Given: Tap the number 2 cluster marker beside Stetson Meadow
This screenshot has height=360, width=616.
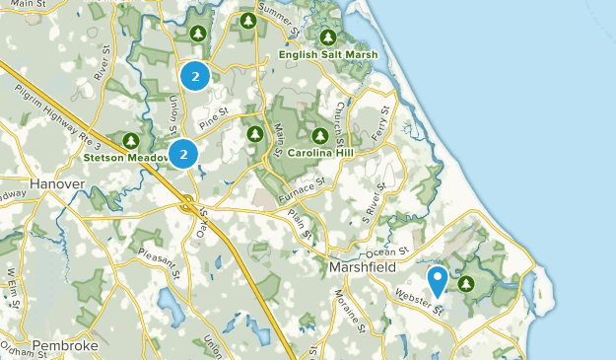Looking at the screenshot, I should point(183,154).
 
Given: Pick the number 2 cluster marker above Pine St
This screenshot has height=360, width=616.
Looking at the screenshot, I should point(195,75).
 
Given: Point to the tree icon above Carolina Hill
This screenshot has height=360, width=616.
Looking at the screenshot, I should point(319,135).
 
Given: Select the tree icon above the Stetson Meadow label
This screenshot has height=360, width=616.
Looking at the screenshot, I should point(132,139).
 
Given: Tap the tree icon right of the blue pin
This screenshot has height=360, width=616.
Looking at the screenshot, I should point(465,284).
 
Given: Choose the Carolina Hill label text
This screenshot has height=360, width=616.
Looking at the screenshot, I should point(320,153).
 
